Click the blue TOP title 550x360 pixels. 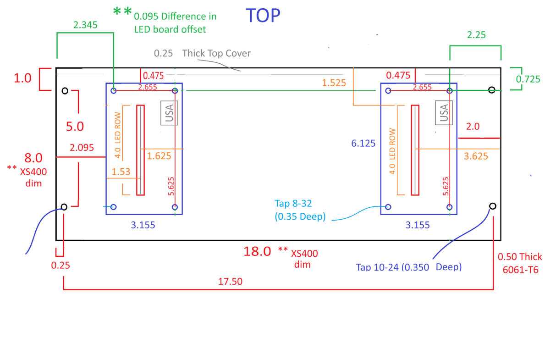[x=263, y=16]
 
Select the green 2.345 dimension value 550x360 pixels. [x=85, y=25]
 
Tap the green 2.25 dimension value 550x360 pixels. [x=476, y=35]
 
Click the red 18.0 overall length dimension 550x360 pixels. [x=257, y=252]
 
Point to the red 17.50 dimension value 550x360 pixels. [x=230, y=282]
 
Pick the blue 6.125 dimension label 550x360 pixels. [x=363, y=143]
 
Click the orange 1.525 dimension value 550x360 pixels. [x=334, y=83]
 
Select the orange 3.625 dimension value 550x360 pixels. [x=476, y=156]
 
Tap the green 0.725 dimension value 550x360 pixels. [x=528, y=79]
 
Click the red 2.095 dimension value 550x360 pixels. [x=82, y=148]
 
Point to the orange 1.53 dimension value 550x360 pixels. [x=121, y=172]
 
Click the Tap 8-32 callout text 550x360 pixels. [x=293, y=204]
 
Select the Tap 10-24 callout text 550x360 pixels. [x=409, y=267]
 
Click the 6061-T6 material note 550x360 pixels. [x=521, y=270]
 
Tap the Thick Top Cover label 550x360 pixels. [x=216, y=53]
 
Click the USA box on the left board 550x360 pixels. [x=169, y=113]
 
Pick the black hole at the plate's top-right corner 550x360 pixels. [x=491, y=90]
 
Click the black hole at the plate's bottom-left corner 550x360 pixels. [x=64, y=207]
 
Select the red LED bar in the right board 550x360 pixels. [x=415, y=150]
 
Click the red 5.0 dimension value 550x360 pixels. [x=75, y=126]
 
